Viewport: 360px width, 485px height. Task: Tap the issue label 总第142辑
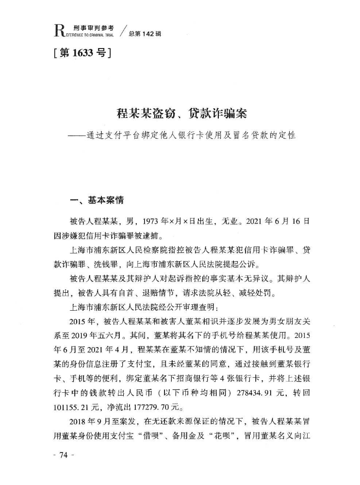(x=145, y=33)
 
